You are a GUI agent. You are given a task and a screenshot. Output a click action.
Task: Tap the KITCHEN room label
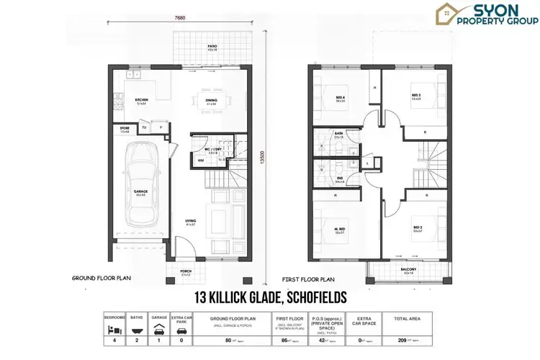[143, 100]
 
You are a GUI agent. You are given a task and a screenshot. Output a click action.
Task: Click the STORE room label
[124, 130]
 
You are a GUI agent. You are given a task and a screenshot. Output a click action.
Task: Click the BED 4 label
[341, 98]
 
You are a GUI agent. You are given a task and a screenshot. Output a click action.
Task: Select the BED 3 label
[415, 94]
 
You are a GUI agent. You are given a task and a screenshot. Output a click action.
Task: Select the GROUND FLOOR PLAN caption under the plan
[102, 277]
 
